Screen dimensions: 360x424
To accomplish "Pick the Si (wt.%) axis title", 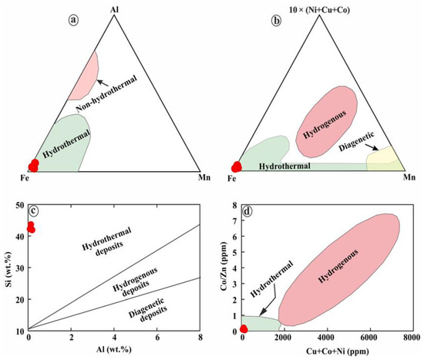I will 8,267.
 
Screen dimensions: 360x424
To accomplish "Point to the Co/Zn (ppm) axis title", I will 224,267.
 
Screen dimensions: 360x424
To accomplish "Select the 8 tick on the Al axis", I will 200,339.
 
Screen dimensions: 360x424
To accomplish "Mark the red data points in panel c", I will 30,227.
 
